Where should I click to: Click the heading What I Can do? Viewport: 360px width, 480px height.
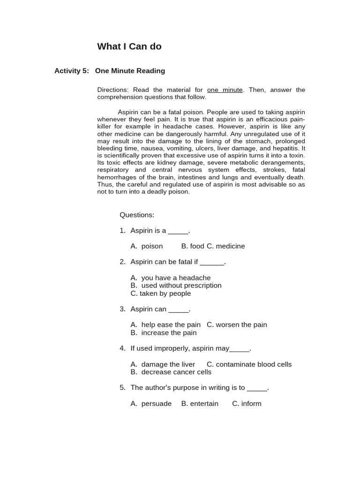[x=129, y=46]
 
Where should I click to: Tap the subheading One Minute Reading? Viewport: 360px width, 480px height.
[x=130, y=71]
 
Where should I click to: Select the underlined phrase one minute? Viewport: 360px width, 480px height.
[x=225, y=90]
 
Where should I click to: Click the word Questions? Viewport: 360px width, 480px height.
[x=137, y=215]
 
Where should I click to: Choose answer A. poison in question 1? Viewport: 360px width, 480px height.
[x=147, y=246]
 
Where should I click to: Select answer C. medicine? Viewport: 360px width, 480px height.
[x=226, y=246]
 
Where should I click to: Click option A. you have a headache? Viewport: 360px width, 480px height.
[x=171, y=278]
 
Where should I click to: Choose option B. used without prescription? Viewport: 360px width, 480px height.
[x=176, y=285]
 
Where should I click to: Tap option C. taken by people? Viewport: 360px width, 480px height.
[x=161, y=293]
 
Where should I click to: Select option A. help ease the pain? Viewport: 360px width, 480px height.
[x=165, y=325]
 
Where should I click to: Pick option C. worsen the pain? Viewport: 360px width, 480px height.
[x=237, y=325]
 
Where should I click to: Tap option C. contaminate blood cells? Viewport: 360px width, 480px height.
[x=249, y=364]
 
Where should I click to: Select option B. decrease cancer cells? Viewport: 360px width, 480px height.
[x=171, y=372]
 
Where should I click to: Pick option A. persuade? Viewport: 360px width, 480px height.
[x=151, y=404]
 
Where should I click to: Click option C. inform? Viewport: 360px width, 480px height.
[x=247, y=404]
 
